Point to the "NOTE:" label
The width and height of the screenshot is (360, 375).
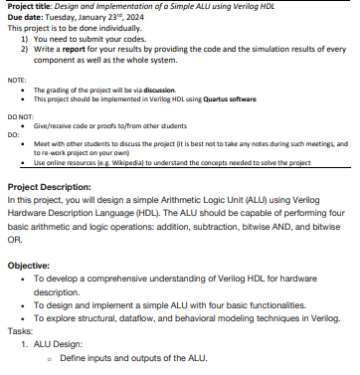point(16,79)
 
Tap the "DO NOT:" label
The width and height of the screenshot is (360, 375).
point(20,116)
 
